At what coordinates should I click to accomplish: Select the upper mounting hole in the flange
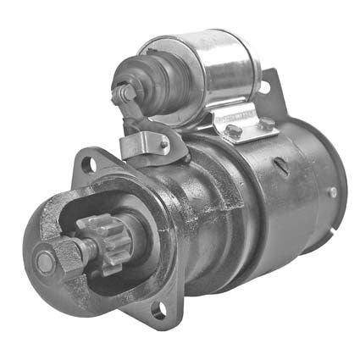[89, 163]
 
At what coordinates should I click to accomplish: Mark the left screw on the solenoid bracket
[231, 131]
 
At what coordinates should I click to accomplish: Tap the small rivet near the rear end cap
[332, 192]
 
